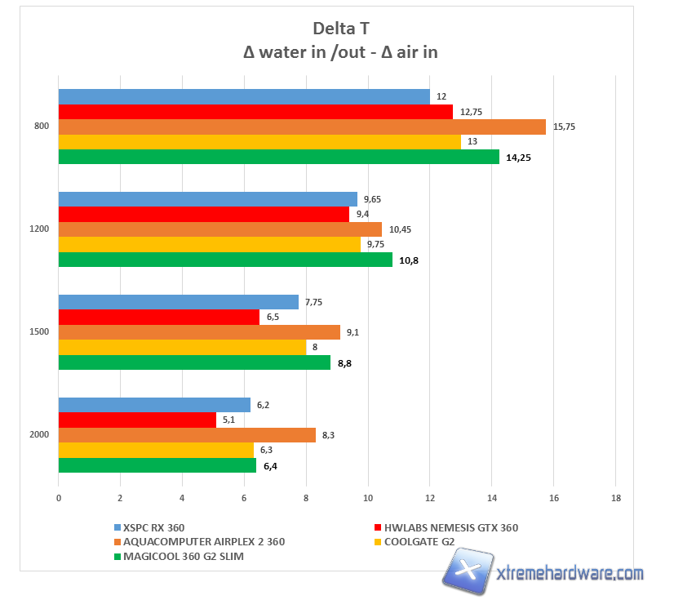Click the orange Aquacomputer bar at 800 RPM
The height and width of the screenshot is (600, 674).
tap(302, 127)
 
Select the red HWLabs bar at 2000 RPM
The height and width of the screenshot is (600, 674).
tap(137, 420)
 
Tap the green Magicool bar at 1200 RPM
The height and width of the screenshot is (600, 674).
tap(225, 260)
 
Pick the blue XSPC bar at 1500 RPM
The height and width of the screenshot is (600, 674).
tap(178, 302)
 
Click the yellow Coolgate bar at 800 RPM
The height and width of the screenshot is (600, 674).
tap(259, 142)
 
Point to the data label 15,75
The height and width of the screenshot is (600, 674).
tap(565, 127)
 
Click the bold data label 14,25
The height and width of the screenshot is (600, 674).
tap(518, 158)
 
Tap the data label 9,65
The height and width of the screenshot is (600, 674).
tap(375, 199)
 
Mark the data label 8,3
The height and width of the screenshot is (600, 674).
tap(329, 435)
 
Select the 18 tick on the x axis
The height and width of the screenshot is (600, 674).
tap(615, 498)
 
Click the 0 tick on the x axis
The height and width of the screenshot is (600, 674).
tap(59, 498)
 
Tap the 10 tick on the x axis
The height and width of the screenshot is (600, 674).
tap(368, 498)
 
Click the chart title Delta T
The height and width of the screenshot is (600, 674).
tap(335, 29)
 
